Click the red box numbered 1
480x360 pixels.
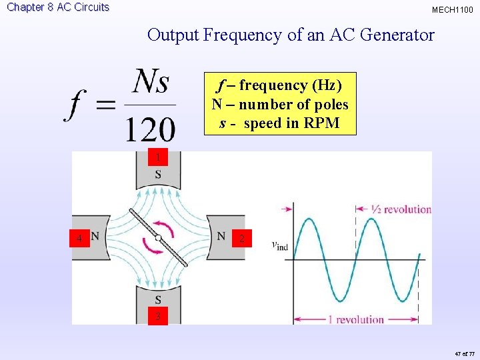pyautogui.click(x=157, y=158)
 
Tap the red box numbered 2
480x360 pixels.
pyautogui.click(x=243, y=238)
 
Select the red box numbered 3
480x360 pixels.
pyautogui.click(x=157, y=316)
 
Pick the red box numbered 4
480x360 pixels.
pyautogui.click(x=79, y=238)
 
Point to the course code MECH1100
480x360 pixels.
pyautogui.click(x=453, y=10)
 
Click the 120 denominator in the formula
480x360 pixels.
pyautogui.click(x=150, y=127)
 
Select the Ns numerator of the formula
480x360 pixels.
pyautogui.click(x=151, y=83)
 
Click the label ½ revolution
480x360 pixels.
pyautogui.click(x=401, y=209)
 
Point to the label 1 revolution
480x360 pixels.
pyautogui.click(x=355, y=319)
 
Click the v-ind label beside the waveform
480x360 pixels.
pyautogui.click(x=280, y=245)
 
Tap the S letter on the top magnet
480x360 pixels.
pyautogui.click(x=158, y=175)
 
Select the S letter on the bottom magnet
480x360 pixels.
pyautogui.click(x=158, y=300)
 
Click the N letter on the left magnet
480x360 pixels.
pyautogui.click(x=95, y=236)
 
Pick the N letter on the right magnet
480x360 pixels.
pyautogui.click(x=221, y=236)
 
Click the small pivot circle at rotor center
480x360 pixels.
pyautogui.click(x=158, y=237)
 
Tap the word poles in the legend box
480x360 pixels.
pyautogui.click(x=332, y=105)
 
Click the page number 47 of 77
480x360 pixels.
pyautogui.click(x=463, y=353)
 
